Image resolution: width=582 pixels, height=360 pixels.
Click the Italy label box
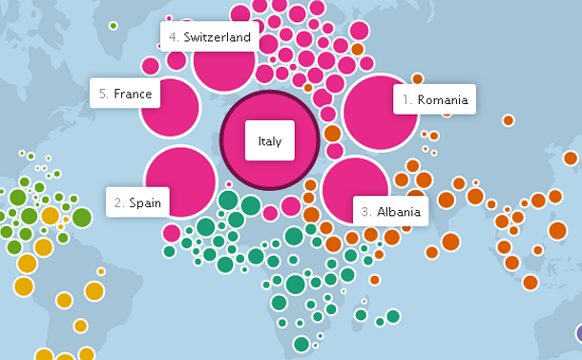(x=270, y=142)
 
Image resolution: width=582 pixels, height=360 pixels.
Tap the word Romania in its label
(x=443, y=99)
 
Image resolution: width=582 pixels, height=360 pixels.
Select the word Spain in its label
(x=145, y=202)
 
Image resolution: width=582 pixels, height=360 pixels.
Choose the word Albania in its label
(x=398, y=212)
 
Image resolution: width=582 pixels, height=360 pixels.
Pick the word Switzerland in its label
(x=217, y=38)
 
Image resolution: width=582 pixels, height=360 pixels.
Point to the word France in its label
(x=133, y=94)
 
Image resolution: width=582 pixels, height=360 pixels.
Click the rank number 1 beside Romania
(x=406, y=99)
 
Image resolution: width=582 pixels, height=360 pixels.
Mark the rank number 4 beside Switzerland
(x=174, y=38)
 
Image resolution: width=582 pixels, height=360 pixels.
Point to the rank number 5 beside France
(x=103, y=94)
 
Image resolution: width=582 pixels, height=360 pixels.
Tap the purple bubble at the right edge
(x=578, y=333)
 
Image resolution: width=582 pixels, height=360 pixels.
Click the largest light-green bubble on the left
(x=82, y=217)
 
